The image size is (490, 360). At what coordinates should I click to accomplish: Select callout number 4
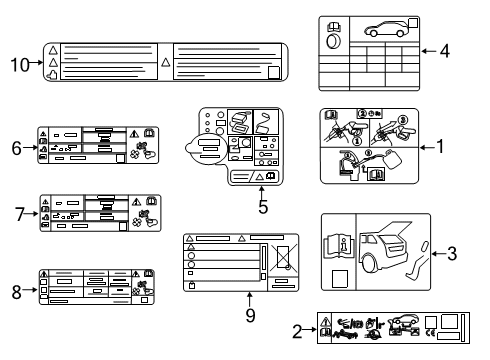pos(444,49)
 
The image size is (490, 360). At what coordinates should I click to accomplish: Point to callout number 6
pos(16,148)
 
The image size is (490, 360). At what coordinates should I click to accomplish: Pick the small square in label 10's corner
pos(274,71)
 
